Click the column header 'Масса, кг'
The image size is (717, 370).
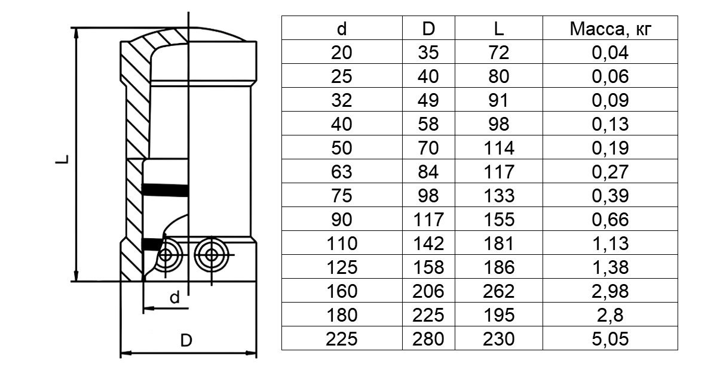[x=610, y=29]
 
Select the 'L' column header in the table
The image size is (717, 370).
[x=499, y=29]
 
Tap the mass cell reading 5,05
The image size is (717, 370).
[x=610, y=338]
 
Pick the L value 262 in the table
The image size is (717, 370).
[x=499, y=291]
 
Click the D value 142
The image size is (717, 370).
[x=428, y=243]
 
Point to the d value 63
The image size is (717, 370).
[x=342, y=172]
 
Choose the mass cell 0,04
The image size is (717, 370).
[x=610, y=53]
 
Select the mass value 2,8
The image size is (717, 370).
[x=610, y=315]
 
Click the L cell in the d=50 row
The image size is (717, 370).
[x=499, y=148]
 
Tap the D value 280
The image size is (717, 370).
[x=428, y=338]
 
